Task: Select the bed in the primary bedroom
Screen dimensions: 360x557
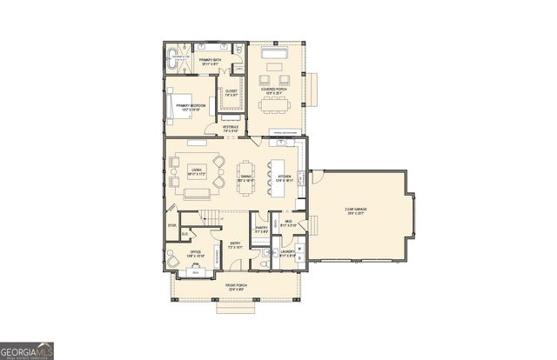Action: coord(178,107)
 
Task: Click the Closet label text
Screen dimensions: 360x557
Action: coord(232,90)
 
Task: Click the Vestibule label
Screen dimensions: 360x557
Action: coord(231,128)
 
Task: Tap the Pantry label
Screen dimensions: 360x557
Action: coord(261,229)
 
